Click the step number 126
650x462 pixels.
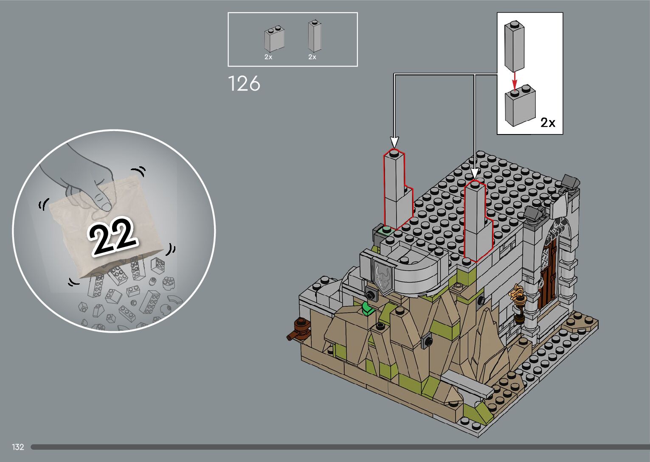pyautogui.click(x=244, y=84)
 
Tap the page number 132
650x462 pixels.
pyautogui.click(x=18, y=447)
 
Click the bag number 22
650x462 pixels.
pyautogui.click(x=113, y=236)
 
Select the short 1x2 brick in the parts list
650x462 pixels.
pyautogui.click(x=274, y=39)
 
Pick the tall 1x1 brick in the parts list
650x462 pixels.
pyautogui.click(x=315, y=36)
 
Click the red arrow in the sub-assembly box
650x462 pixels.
pyautogui.click(x=515, y=81)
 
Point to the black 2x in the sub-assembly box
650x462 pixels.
pyautogui.click(x=548, y=123)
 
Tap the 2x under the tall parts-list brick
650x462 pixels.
pyautogui.click(x=312, y=57)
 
